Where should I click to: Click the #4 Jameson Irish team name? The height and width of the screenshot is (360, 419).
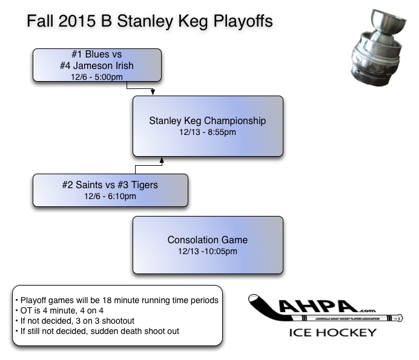pyautogui.click(x=97, y=65)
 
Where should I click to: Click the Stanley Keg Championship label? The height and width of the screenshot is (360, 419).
pyautogui.click(x=208, y=120)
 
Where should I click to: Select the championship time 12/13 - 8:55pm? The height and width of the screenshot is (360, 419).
pyautogui.click(x=208, y=131)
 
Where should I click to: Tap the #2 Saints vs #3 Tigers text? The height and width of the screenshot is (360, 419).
pyautogui.click(x=110, y=185)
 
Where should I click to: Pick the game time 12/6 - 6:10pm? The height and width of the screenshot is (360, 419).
pyautogui.click(x=110, y=195)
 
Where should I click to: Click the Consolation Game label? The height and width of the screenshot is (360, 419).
pyautogui.click(x=208, y=240)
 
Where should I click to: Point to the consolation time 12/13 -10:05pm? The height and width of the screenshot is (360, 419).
pyautogui.click(x=208, y=251)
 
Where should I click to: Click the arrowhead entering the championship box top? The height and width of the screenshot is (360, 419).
pyautogui.click(x=153, y=93)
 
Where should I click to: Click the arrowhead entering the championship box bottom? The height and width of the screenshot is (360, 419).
pyautogui.click(x=162, y=160)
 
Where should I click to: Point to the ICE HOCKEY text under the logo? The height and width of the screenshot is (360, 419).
pyautogui.click(x=332, y=332)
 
